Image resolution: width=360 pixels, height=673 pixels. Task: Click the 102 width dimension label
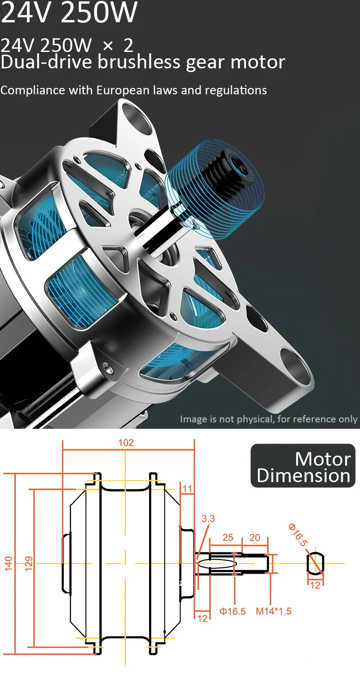tap(126, 442)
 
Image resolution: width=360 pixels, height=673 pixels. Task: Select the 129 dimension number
tap(28, 564)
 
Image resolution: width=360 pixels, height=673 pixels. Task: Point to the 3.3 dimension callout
tap(208, 519)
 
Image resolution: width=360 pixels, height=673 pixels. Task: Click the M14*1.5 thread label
tap(273, 611)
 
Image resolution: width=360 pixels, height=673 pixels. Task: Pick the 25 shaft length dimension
tap(228, 538)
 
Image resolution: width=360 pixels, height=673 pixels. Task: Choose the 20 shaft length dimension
tap(255, 538)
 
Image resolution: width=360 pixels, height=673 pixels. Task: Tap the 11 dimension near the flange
tap(187, 489)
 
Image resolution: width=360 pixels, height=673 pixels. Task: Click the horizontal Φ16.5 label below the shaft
tap(232, 611)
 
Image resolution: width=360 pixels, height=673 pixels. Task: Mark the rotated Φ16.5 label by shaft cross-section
tap(298, 535)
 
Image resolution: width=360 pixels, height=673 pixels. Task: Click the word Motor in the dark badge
tap(323, 459)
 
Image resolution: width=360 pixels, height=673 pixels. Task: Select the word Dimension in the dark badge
tap(303, 476)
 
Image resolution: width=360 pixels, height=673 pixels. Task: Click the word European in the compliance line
tap(123, 90)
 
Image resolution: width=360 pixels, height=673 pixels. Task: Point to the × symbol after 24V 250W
tap(108, 46)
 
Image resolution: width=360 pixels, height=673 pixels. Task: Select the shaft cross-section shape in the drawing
tap(315, 564)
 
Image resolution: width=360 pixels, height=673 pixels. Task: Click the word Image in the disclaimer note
tap(193, 419)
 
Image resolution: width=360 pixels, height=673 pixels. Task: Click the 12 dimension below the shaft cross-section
tap(315, 585)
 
